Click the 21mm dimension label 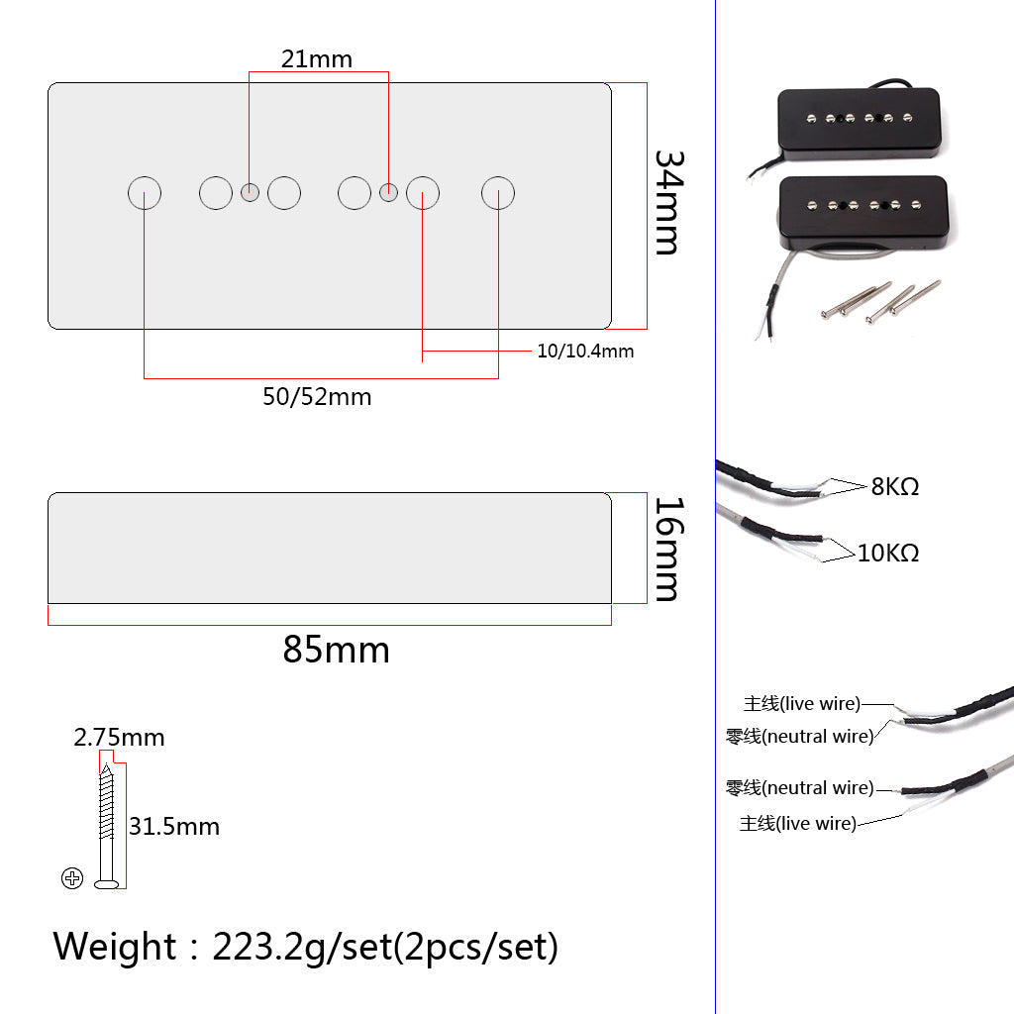pos(316,58)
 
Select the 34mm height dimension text pos(667,202)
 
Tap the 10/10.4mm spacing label pos(585,351)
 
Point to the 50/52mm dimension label pos(317,397)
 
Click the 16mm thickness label pos(667,550)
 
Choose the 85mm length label pos(336,650)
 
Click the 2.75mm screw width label pos(119,737)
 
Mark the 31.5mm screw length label pos(173,826)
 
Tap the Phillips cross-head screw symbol pos(72,877)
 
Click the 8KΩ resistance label pos(895,486)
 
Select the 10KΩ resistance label pos(888,553)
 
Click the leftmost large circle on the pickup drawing pos(145,193)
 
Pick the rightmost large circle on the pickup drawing pos(498,193)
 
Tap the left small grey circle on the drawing pos(251,192)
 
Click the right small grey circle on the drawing pos(389,192)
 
